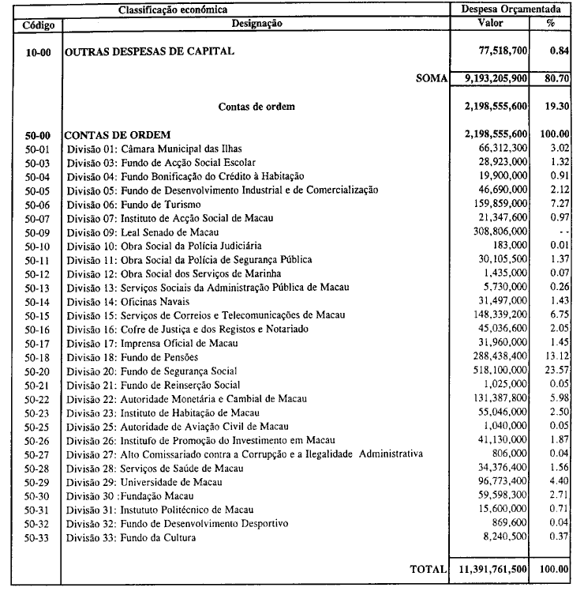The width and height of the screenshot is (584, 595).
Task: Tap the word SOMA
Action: (431, 78)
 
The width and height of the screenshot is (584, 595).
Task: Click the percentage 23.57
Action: (557, 370)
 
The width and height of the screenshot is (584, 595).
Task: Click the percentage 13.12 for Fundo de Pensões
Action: (557, 356)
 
